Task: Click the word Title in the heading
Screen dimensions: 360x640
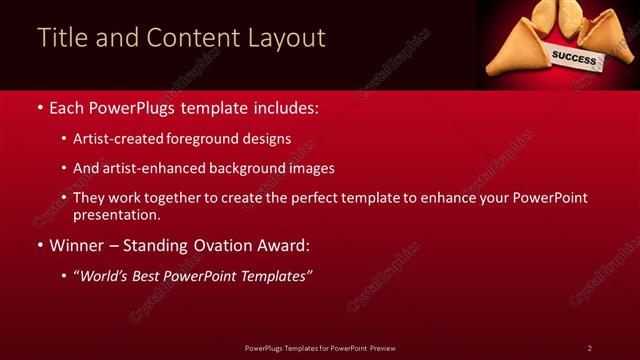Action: point(60,38)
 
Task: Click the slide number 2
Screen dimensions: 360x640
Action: point(590,348)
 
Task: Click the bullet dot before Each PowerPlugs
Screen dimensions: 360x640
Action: point(39,106)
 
